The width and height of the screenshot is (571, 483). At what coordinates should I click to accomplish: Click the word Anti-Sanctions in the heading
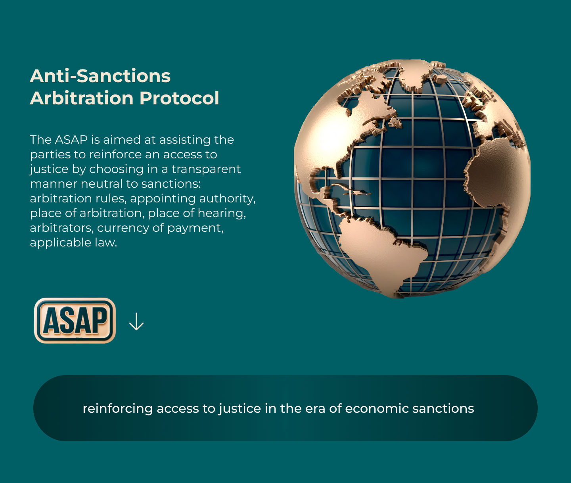[x=100, y=76]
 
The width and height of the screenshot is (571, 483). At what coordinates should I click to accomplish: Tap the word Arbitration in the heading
[x=81, y=98]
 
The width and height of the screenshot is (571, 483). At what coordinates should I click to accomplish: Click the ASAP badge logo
[x=75, y=321]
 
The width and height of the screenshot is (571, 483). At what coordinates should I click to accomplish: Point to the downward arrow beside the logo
[x=136, y=321]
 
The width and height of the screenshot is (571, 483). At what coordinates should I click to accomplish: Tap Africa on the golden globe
[x=500, y=175]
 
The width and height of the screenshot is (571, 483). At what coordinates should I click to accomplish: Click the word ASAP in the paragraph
[x=71, y=140]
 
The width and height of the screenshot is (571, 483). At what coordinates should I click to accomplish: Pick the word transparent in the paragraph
[x=206, y=169]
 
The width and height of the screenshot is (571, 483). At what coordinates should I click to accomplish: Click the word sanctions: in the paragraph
[x=171, y=184]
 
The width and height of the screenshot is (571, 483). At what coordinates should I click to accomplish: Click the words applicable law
[x=73, y=242]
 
